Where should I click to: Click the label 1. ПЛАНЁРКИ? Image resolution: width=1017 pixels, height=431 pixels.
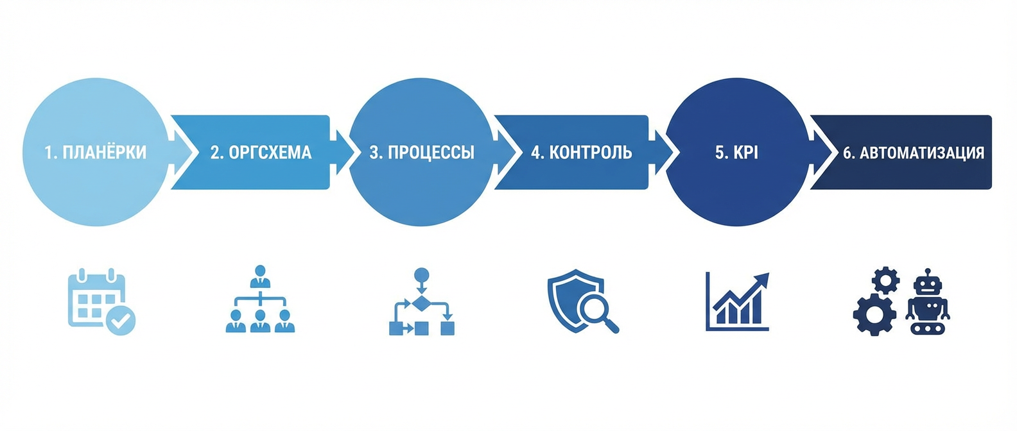point(95,153)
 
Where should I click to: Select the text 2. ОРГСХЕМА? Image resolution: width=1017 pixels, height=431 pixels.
point(261,153)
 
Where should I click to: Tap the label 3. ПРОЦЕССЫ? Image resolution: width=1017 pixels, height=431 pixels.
point(422,153)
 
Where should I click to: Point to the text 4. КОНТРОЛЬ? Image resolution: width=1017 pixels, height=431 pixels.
point(581,153)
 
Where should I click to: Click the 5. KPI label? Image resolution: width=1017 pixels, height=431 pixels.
point(736,153)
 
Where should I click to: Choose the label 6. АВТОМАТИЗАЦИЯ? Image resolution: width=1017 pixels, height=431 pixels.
point(913,153)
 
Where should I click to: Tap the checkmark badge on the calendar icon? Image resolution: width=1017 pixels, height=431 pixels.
point(120,319)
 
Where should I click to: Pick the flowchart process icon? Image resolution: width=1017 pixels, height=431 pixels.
point(421,301)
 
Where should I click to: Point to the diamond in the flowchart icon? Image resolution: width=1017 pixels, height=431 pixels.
point(421,303)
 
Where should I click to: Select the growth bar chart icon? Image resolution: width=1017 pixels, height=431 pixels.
point(737,301)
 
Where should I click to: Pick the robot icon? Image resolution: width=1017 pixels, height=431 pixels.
point(927,301)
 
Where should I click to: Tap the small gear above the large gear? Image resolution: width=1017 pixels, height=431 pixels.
point(886,280)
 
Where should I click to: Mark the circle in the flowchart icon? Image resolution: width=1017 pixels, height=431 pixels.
point(421,276)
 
